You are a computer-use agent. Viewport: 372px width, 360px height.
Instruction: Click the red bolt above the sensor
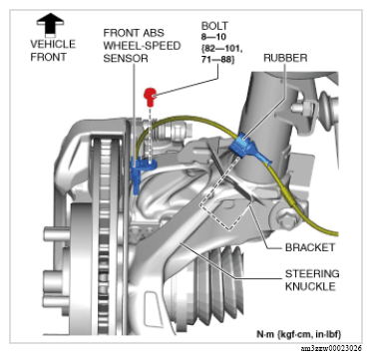[x=150, y=97]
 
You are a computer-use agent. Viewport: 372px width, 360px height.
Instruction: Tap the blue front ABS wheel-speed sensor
[x=140, y=173]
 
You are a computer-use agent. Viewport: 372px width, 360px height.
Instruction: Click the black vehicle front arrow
[x=50, y=23]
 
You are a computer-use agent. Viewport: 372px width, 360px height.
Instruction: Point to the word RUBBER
[x=285, y=58]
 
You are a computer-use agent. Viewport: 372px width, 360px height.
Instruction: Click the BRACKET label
[x=310, y=247]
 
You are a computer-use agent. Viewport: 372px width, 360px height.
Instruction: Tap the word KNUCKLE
[x=310, y=286]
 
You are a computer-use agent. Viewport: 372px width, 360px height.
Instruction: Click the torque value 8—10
[x=211, y=37]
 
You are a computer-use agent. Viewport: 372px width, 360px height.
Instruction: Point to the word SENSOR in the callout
[x=126, y=58]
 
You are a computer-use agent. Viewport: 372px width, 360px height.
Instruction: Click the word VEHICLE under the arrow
[x=53, y=44]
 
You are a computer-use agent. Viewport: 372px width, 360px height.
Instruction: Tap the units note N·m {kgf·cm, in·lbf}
[x=298, y=333]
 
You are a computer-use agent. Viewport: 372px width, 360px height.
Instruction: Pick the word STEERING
[x=312, y=274]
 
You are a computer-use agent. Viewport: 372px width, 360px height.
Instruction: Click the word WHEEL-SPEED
[x=142, y=46]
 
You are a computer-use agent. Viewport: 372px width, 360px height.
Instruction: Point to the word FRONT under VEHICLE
[x=48, y=57]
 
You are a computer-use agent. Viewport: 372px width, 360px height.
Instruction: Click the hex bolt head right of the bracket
[x=286, y=216]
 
